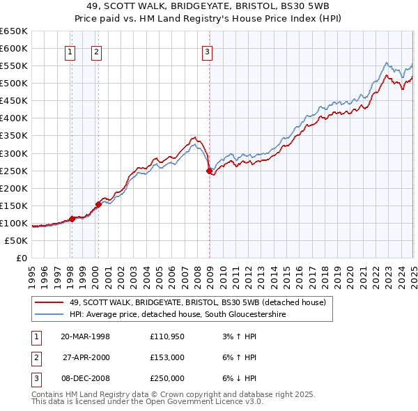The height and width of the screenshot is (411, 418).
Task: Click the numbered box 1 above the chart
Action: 71,51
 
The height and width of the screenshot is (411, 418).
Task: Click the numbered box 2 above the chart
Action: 96,51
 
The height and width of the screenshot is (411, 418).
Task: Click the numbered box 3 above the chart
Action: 208,51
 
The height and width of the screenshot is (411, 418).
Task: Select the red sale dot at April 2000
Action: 98,204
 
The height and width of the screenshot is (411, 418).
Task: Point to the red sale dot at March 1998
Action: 72,219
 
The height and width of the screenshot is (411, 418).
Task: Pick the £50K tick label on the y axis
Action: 17,240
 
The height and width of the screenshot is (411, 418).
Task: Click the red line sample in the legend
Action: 49,302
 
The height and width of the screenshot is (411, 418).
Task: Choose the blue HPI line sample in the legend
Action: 49,315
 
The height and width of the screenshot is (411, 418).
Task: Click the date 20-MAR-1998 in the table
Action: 85,336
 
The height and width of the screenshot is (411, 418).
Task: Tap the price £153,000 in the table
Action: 167,357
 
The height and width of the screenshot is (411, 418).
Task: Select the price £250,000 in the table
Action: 167,378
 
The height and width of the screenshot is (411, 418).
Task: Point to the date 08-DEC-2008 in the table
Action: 85,378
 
